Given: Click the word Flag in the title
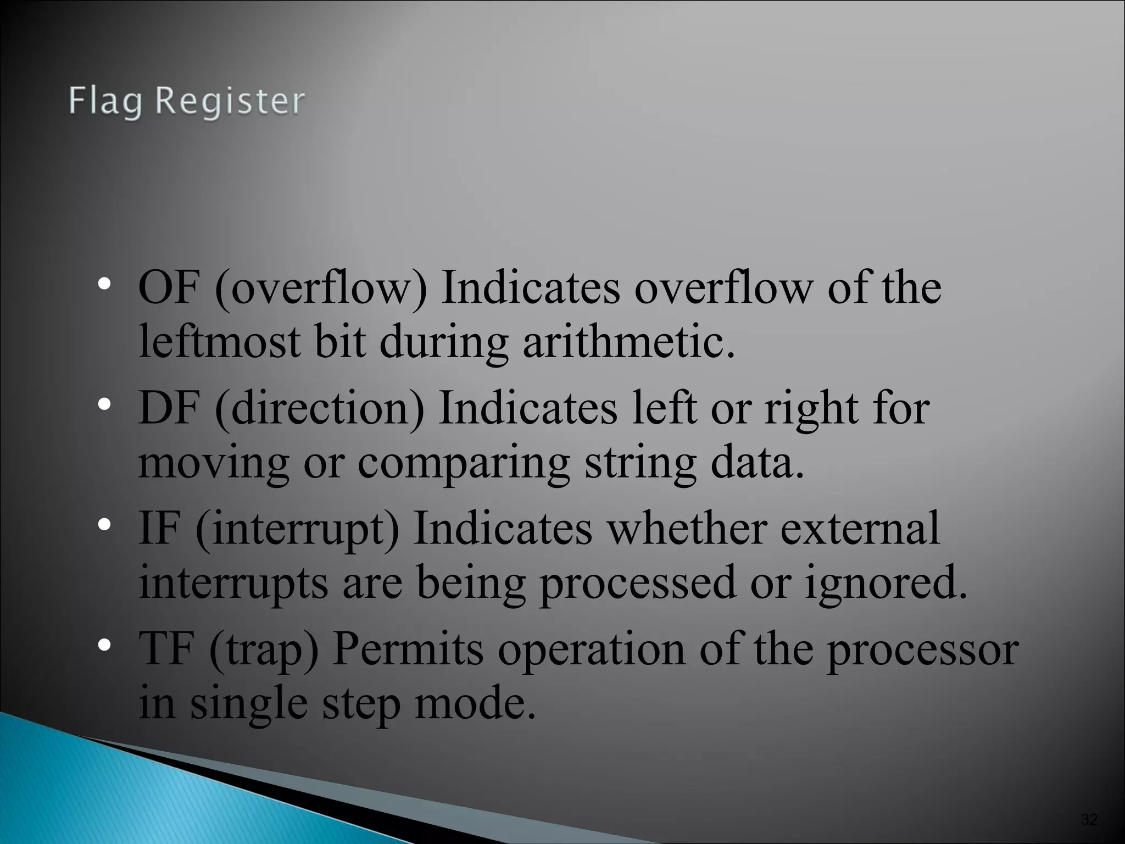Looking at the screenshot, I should pos(105,102).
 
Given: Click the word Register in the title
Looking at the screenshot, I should pos(230,102).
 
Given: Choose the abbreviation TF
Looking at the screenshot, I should pos(166,648).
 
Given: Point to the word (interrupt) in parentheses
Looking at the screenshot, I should pos(297,530).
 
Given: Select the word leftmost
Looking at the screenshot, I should pos(219,341).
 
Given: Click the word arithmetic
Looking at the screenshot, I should pos(628,341).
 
